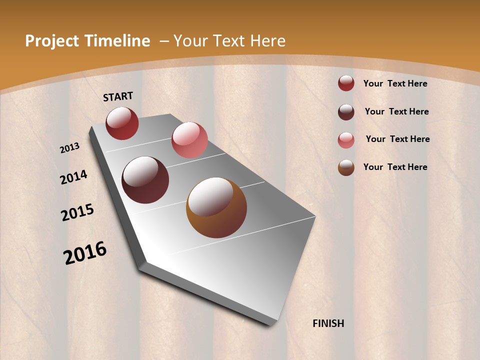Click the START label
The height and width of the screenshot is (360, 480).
118,96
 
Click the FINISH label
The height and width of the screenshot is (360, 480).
328,323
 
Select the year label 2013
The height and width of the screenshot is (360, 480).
70,148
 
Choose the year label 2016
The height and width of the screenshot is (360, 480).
85,253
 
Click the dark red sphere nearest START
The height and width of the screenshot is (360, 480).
122,123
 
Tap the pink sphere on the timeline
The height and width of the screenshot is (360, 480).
189,140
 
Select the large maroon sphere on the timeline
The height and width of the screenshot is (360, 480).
145,180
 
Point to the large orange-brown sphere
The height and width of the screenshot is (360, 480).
216,207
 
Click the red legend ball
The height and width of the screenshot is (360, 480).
346,83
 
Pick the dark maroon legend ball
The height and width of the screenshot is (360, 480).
346,112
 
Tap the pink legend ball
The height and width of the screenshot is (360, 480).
346,140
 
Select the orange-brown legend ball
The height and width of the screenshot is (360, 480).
346,167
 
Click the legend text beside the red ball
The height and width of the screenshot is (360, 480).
395,83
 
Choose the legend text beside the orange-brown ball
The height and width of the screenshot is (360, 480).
395,167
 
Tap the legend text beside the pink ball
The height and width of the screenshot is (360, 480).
397,139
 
